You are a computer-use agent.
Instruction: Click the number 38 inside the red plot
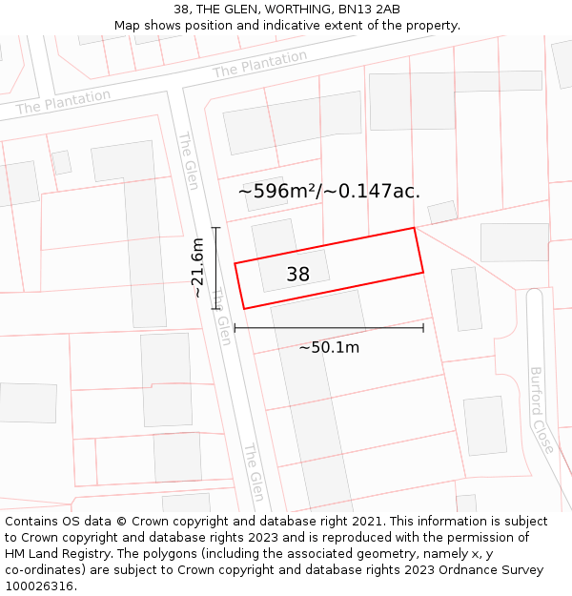point(297,275)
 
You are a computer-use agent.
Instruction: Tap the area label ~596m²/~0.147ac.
point(329,191)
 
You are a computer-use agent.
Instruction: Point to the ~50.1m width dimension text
point(329,347)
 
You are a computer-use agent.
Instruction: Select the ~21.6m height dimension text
point(197,268)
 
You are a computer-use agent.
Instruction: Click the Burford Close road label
point(541,410)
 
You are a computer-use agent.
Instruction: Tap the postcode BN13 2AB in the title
point(369,10)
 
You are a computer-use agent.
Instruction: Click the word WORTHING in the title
point(289,10)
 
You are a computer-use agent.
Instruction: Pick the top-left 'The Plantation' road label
point(63,101)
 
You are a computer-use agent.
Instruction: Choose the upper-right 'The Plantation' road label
point(259,64)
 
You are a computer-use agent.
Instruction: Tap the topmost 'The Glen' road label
point(188,160)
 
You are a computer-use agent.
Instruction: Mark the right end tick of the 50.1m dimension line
point(423,328)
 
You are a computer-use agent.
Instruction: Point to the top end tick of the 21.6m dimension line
point(216,228)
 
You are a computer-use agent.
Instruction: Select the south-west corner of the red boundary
point(244,308)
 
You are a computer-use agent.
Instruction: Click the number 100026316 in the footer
point(40,586)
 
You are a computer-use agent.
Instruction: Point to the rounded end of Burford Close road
point(534,295)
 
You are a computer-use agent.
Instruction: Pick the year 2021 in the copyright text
point(367,522)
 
